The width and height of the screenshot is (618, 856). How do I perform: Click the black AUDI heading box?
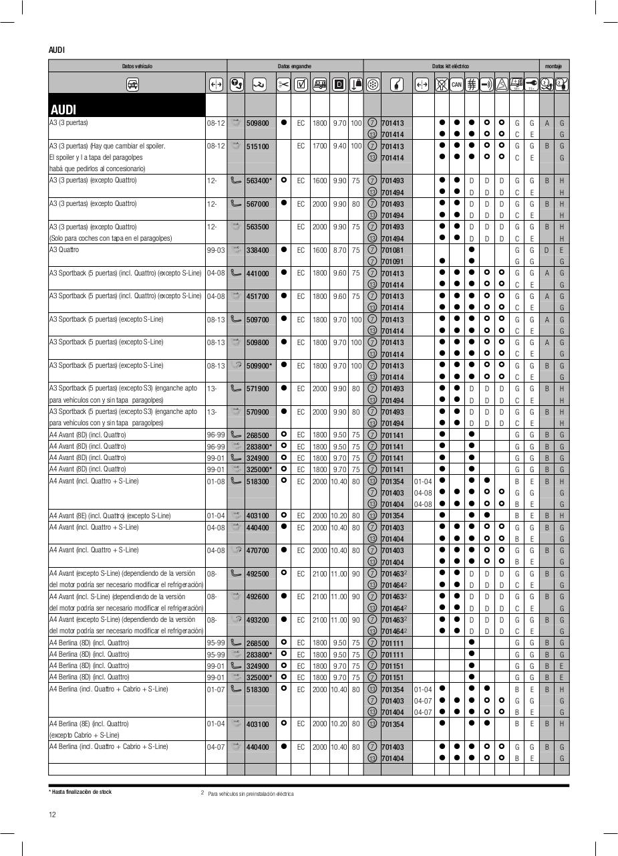tap(127, 106)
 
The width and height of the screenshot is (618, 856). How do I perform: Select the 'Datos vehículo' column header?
tap(137, 66)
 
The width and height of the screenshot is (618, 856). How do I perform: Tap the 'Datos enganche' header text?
tap(295, 66)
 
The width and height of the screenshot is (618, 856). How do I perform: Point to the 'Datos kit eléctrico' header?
tap(450, 66)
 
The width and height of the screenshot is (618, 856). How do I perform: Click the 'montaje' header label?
tap(553, 66)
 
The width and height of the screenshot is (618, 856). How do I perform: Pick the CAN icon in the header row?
tap(456, 84)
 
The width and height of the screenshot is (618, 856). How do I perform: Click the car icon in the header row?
tap(132, 84)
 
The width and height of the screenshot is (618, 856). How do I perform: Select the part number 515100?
tap(257, 146)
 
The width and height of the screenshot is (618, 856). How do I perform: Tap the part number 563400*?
tap(259, 181)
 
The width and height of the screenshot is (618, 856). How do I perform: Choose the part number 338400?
tap(257, 250)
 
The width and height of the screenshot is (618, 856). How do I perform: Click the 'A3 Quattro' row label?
tap(64, 249)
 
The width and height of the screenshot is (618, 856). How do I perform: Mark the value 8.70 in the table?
tap(339, 250)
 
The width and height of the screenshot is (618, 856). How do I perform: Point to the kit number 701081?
tap(392, 250)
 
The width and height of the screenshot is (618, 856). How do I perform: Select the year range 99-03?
tap(216, 250)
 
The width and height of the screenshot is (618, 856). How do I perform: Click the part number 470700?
tap(257, 550)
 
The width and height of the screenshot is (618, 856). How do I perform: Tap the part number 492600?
tap(257, 597)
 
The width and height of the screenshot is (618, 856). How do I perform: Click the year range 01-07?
tap(216, 689)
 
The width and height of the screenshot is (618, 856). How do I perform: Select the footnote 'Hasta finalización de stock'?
tap(82, 792)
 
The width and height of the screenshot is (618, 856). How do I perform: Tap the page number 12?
tap(52, 814)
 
